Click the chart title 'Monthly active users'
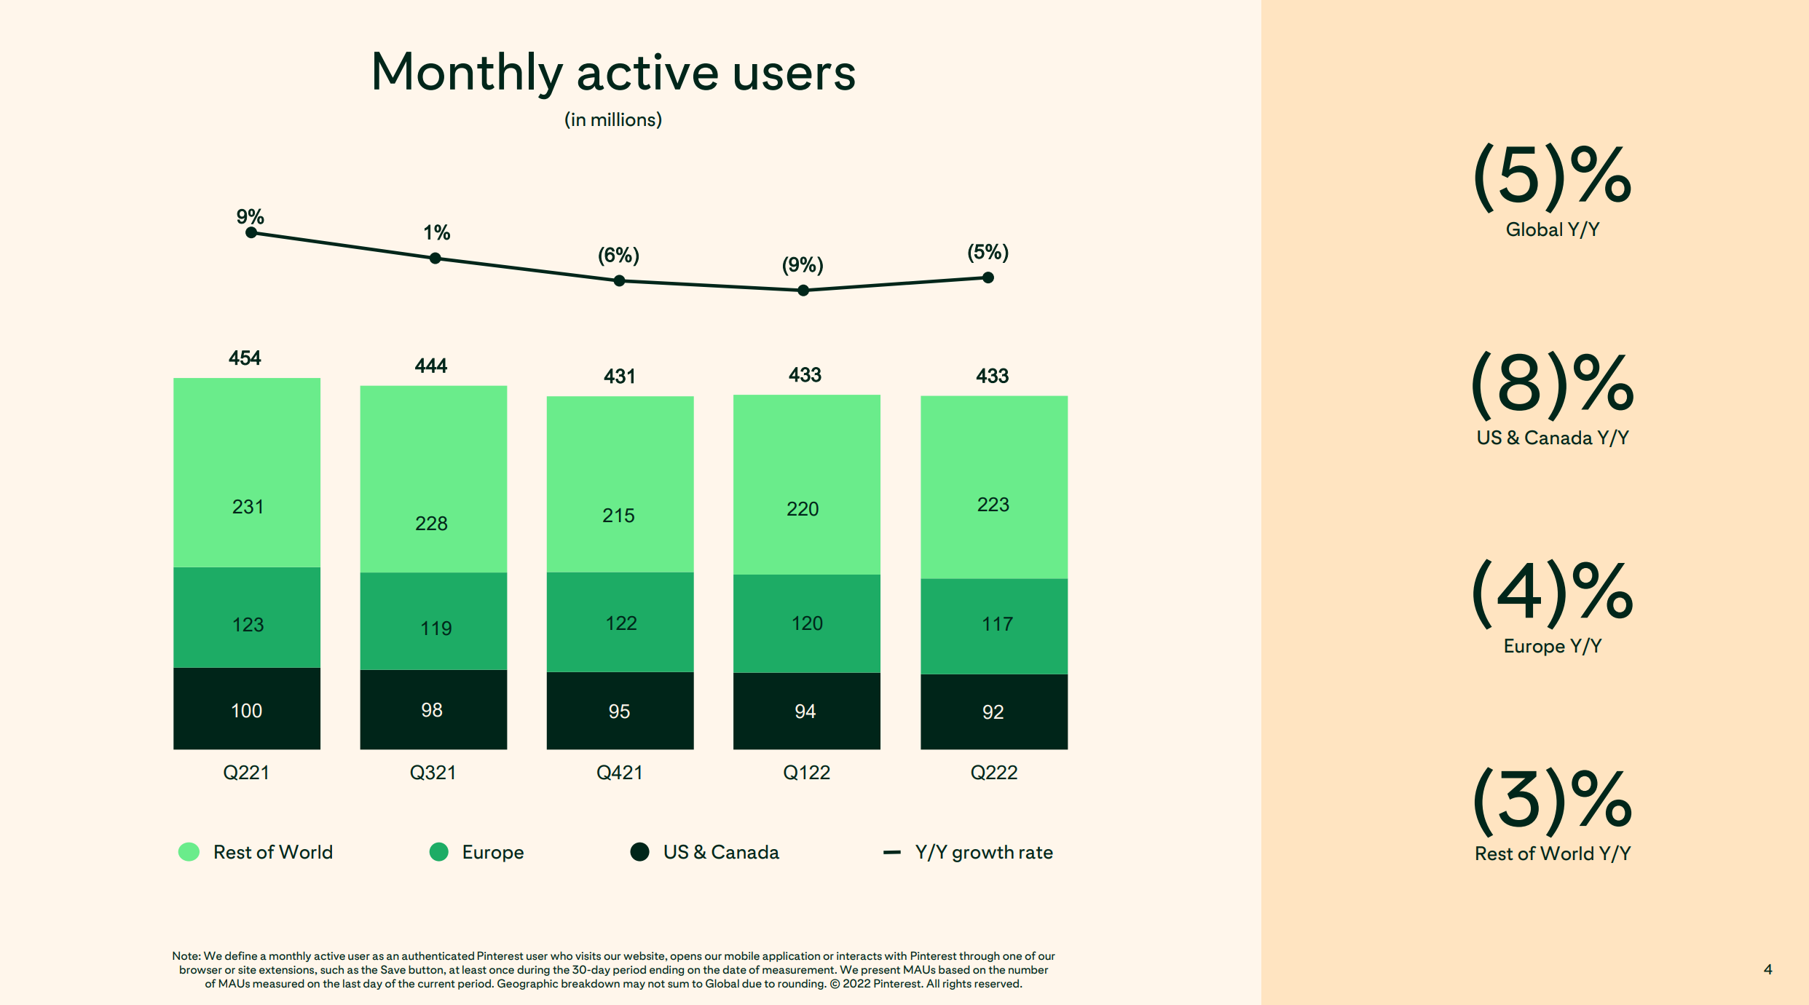point(613,73)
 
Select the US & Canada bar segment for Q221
point(247,709)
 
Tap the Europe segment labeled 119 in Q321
point(433,621)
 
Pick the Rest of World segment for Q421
point(620,484)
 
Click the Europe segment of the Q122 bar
point(806,623)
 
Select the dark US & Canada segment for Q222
point(993,712)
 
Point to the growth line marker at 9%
point(251,233)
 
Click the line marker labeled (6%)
point(619,281)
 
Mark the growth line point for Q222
point(988,277)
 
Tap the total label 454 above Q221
point(245,358)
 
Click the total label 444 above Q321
point(431,366)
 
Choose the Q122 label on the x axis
point(806,773)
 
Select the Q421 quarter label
point(619,773)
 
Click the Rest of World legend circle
point(189,852)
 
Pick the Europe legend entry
point(478,852)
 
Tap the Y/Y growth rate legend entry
point(969,852)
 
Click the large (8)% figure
point(1552,384)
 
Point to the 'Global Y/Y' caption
point(1552,230)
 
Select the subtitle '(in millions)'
point(613,120)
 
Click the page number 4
point(1767,969)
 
